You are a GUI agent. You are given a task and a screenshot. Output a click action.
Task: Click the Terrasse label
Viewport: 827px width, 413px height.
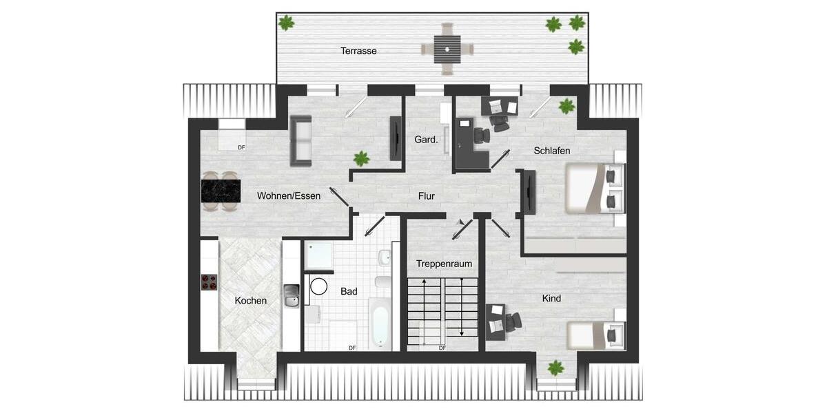[358, 51]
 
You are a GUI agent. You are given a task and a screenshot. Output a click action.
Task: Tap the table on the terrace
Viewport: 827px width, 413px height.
[447, 49]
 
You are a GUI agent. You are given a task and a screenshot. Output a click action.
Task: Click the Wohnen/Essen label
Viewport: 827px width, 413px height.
[289, 196]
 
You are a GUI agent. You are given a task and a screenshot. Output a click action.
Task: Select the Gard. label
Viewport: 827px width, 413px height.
[426, 140]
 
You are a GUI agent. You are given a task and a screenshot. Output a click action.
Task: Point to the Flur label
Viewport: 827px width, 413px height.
[427, 196]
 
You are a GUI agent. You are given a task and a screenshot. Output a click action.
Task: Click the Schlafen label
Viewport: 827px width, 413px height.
[552, 151]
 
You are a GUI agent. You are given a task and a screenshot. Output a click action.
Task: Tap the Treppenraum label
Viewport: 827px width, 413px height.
[444, 264]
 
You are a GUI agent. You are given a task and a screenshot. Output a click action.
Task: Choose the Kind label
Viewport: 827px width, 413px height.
[551, 299]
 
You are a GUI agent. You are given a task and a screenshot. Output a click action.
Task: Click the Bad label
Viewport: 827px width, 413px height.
[349, 292]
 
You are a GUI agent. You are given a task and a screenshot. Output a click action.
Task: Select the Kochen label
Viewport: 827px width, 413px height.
[250, 301]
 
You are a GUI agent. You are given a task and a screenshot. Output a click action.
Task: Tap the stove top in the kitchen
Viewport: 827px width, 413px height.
[209, 282]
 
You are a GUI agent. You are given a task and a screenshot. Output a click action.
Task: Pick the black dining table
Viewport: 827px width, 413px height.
[221, 191]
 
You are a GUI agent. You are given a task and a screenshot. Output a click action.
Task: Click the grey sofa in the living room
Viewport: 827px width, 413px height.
[301, 140]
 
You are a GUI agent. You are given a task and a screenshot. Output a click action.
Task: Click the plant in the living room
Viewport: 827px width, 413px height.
[361, 159]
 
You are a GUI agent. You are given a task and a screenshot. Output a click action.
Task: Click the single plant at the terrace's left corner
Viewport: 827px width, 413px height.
[286, 23]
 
